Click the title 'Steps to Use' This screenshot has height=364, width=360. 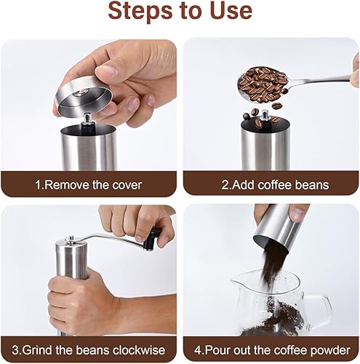180,12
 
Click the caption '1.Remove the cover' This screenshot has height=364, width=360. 89,185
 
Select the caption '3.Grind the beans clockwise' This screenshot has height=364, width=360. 89,350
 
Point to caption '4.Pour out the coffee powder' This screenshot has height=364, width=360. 272,350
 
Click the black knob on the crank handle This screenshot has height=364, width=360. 155,237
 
